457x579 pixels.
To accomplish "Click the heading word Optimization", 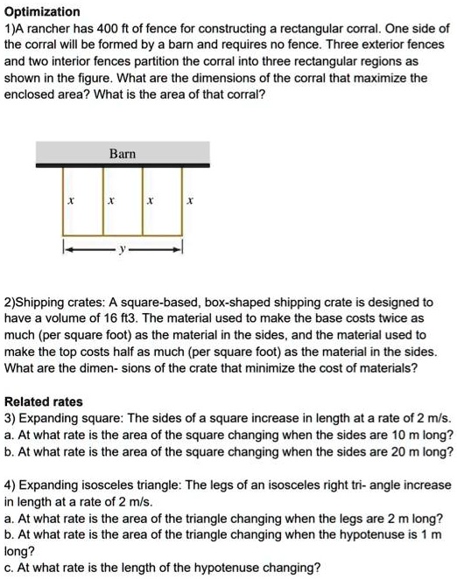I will tap(42, 12).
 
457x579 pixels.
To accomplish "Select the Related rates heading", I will tap(44, 401).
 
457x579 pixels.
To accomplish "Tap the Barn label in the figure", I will tap(122, 154).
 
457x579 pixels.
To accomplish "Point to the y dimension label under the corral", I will tap(123, 250).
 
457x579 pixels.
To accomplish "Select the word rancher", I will tap(58, 28).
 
